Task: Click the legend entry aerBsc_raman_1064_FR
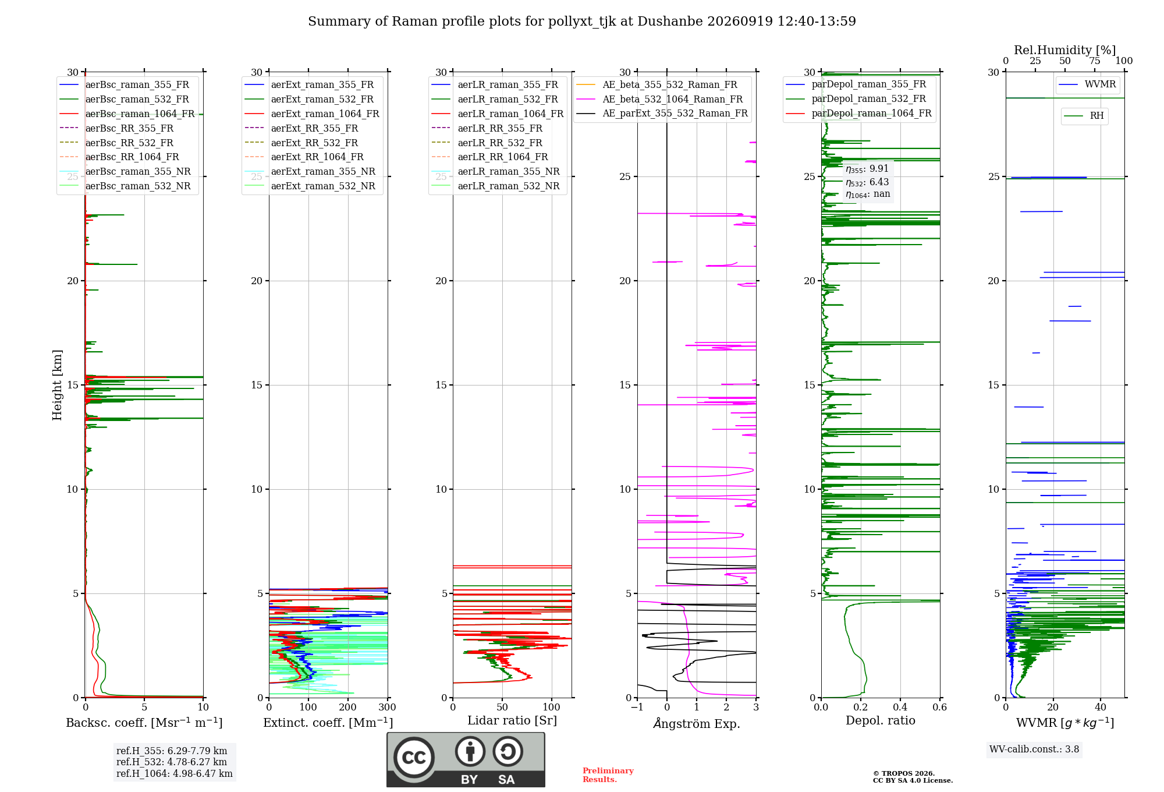pyautogui.click(x=127, y=114)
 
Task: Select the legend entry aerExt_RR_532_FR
pyautogui.click(x=301, y=143)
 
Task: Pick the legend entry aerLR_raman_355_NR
pyautogui.click(x=496, y=171)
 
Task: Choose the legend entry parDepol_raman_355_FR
pyautogui.click(x=856, y=84)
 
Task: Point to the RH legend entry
pyautogui.click(x=1084, y=116)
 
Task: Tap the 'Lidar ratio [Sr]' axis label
pyautogui.click(x=512, y=720)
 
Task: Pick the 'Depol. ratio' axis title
pyautogui.click(x=881, y=720)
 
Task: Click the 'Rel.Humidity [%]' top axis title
pyautogui.click(x=1065, y=50)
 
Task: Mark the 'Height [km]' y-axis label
pyautogui.click(x=57, y=385)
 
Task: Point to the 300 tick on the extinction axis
pyautogui.click(x=387, y=707)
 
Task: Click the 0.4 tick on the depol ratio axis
pyautogui.click(x=900, y=707)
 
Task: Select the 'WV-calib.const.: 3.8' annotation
pyautogui.click(x=1034, y=749)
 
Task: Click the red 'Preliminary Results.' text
pyautogui.click(x=608, y=775)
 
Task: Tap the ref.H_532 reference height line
pyautogui.click(x=172, y=762)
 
